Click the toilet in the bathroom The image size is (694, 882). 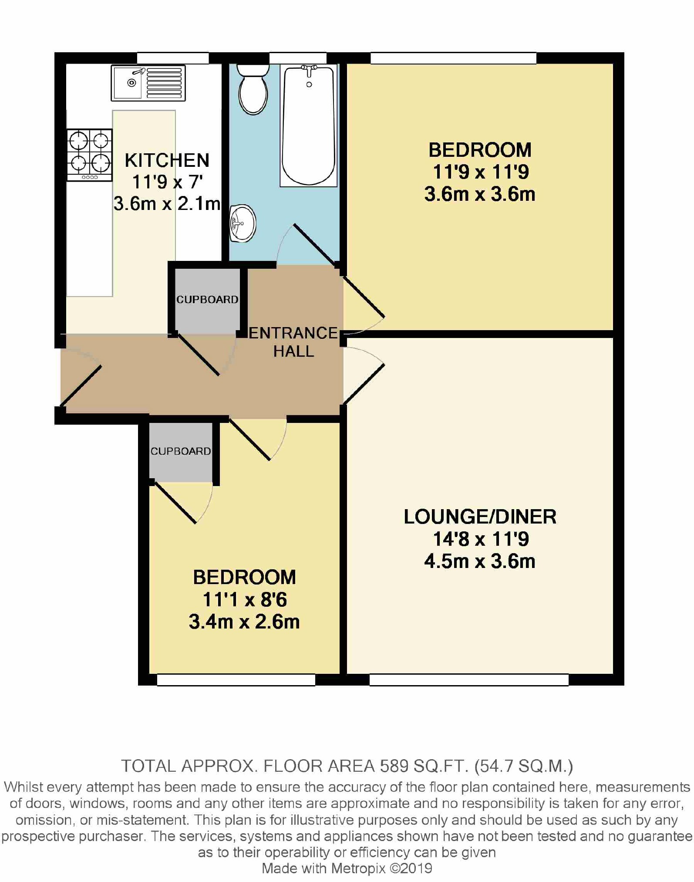tap(253, 89)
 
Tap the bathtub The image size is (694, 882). tap(309, 125)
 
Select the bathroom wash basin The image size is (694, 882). tap(242, 223)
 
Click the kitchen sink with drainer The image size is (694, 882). tap(148, 83)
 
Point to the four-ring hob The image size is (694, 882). tap(90, 155)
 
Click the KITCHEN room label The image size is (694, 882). tap(167, 160)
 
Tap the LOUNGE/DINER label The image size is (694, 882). tap(480, 517)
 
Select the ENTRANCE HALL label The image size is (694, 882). tap(293, 342)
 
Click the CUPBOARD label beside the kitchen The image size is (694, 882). tap(207, 300)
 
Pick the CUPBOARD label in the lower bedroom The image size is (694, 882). tap(181, 451)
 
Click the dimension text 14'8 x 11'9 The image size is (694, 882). tap(481, 539)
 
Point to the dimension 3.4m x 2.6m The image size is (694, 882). tap(244, 622)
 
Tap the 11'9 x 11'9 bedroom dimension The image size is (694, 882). tap(481, 172)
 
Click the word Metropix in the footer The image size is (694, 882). tap(358, 868)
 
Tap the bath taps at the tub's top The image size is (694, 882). tap(309, 68)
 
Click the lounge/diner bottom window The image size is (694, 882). tap(469, 679)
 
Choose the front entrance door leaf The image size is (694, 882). tap(81, 385)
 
